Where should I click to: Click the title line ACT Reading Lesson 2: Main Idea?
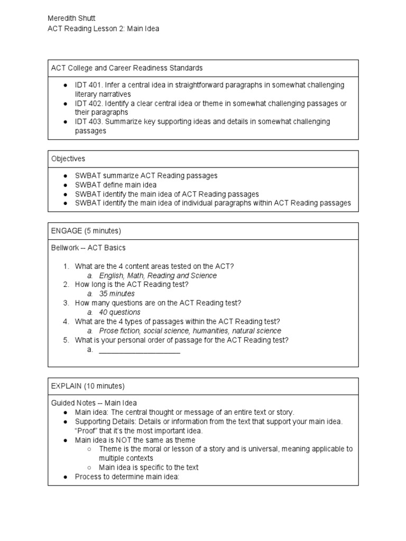click(103, 29)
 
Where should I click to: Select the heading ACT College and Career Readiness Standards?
click(127, 68)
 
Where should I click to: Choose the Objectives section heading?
click(68, 158)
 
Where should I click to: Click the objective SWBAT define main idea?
click(116, 185)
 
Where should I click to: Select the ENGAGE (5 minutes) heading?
click(86, 231)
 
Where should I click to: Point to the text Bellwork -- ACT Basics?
click(88, 248)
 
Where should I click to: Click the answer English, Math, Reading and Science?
click(158, 275)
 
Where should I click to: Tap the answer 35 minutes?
click(117, 294)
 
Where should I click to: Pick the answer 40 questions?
click(119, 312)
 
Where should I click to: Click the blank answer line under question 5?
click(140, 350)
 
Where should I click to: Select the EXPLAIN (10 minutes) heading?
click(88, 386)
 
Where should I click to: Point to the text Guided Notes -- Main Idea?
click(94, 403)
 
